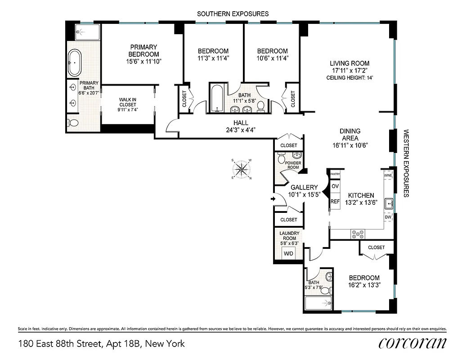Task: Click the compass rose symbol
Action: tap(242, 169)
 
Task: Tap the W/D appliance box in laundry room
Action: tap(288, 253)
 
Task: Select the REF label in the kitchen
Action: tap(335, 202)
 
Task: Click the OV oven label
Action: tap(335, 186)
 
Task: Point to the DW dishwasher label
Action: tap(388, 217)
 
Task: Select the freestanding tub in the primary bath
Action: tap(75, 63)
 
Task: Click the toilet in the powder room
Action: tap(282, 158)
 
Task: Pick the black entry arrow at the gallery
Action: tap(273, 198)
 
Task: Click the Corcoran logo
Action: tap(412, 343)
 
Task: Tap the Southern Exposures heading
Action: tap(233, 14)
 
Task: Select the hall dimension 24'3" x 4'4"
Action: tap(241, 130)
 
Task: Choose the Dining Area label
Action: tap(349, 135)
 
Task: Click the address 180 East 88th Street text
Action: tap(101, 344)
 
